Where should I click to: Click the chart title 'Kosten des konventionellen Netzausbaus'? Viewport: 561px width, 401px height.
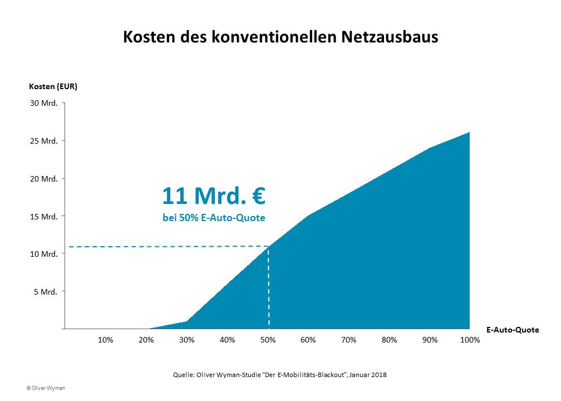(280, 37)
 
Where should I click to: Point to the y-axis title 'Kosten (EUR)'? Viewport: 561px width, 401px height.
(53, 86)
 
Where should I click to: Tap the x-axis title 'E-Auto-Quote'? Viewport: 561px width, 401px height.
(512, 330)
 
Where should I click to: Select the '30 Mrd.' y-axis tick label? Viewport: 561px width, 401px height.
(44, 104)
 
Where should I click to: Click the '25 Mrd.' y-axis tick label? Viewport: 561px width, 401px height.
(44, 141)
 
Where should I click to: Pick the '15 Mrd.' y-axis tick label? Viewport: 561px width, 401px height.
(44, 216)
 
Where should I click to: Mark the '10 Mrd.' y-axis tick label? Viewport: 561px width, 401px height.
(44, 254)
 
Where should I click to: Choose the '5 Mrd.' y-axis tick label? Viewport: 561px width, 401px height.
(46, 291)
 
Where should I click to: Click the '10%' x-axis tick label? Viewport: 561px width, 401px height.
(106, 340)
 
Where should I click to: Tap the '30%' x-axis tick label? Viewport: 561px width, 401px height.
(186, 340)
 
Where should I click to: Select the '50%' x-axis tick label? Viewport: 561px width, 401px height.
(268, 340)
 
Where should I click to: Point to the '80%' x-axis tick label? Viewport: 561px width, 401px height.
(389, 340)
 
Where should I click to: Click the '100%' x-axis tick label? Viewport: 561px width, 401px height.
(470, 340)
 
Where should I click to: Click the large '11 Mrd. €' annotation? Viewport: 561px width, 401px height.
(214, 196)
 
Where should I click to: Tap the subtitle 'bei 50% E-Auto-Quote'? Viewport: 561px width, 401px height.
(214, 218)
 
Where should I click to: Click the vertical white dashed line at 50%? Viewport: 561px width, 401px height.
(269, 290)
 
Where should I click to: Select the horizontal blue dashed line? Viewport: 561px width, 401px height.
(167, 246)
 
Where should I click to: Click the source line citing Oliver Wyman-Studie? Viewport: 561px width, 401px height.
(280, 375)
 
